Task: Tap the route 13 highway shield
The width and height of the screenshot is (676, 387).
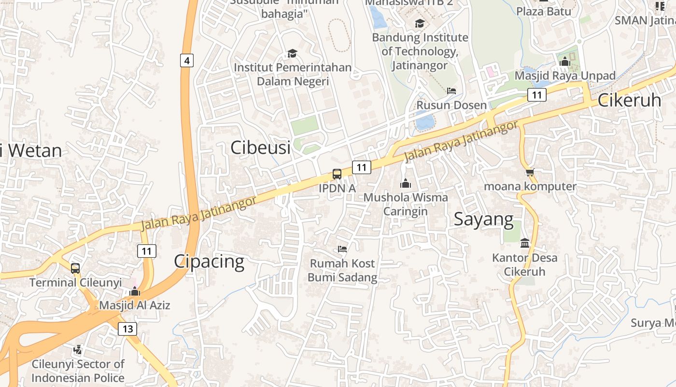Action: click(x=127, y=329)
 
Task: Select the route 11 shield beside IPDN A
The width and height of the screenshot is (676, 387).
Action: click(x=361, y=167)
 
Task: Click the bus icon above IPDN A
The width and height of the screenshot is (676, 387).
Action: click(x=337, y=174)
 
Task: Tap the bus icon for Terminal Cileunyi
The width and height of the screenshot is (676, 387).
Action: click(x=75, y=268)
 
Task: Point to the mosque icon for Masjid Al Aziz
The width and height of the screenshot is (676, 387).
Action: click(x=135, y=291)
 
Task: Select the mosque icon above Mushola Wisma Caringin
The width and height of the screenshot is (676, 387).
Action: click(x=406, y=183)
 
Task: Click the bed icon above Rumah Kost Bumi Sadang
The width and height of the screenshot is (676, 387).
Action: click(x=342, y=249)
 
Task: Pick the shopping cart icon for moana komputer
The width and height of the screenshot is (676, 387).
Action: click(x=530, y=172)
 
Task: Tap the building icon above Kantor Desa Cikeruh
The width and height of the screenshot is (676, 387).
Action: click(x=525, y=243)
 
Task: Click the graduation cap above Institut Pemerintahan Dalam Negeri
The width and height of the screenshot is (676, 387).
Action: click(x=292, y=53)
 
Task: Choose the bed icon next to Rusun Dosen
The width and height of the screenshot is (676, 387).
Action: click(x=451, y=90)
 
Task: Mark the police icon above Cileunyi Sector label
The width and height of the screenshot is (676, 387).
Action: click(x=78, y=349)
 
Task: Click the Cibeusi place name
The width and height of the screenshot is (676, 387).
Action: click(x=261, y=148)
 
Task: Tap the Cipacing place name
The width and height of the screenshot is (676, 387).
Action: click(x=209, y=262)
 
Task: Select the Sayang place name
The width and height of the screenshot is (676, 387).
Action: click(x=484, y=219)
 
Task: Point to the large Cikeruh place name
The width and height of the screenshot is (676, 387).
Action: click(x=629, y=100)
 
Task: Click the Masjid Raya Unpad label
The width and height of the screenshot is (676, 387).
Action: click(x=565, y=76)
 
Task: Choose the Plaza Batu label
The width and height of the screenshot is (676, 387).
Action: click(x=544, y=11)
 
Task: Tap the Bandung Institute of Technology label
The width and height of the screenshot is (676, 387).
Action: click(x=420, y=51)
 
